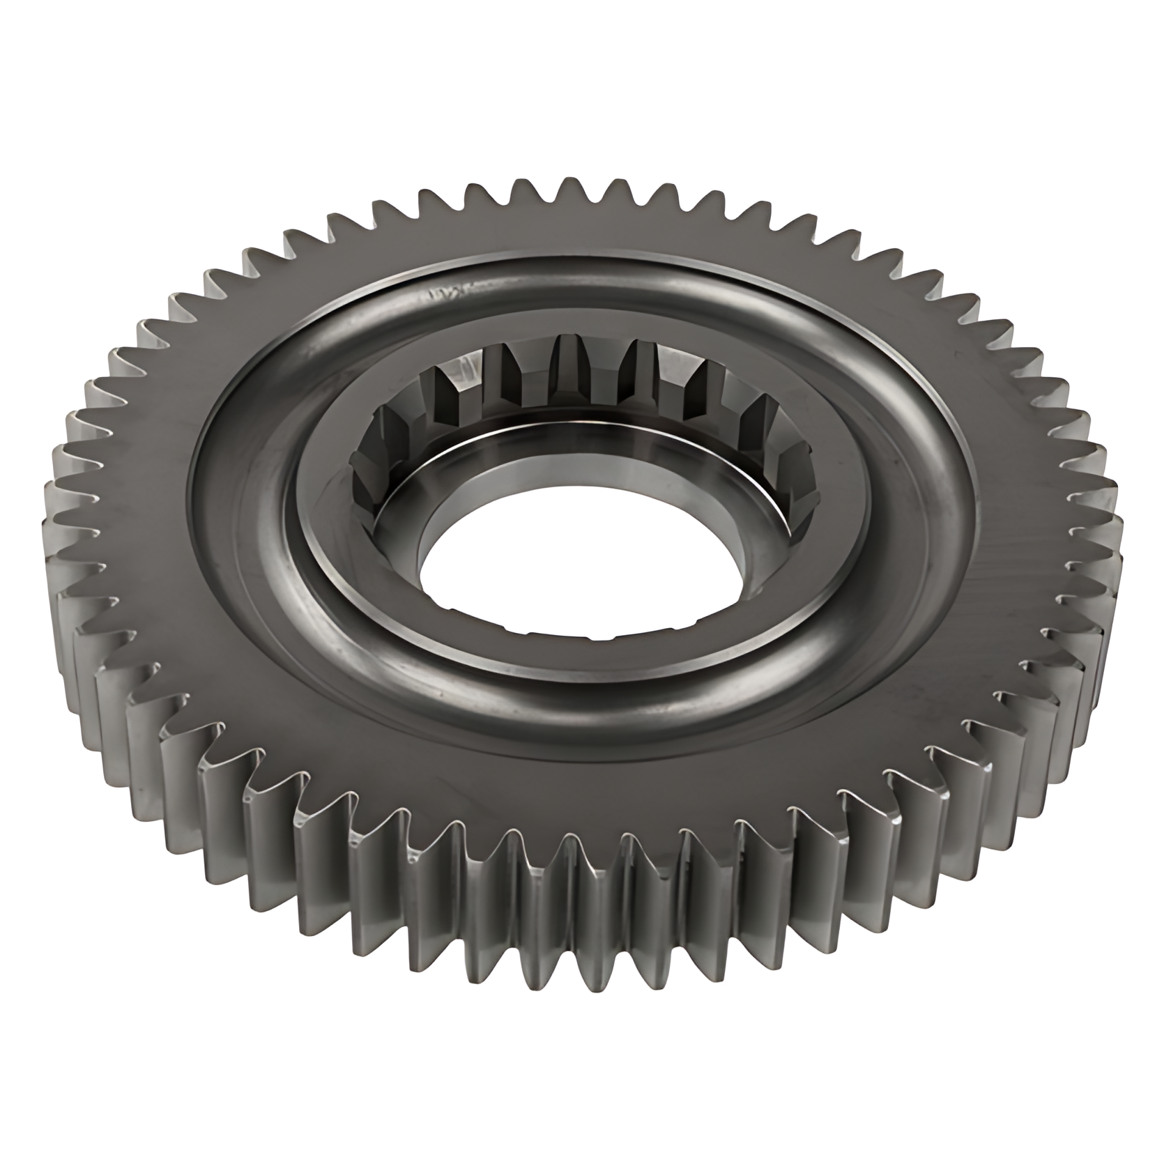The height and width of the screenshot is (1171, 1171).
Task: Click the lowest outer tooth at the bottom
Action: (599, 976)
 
